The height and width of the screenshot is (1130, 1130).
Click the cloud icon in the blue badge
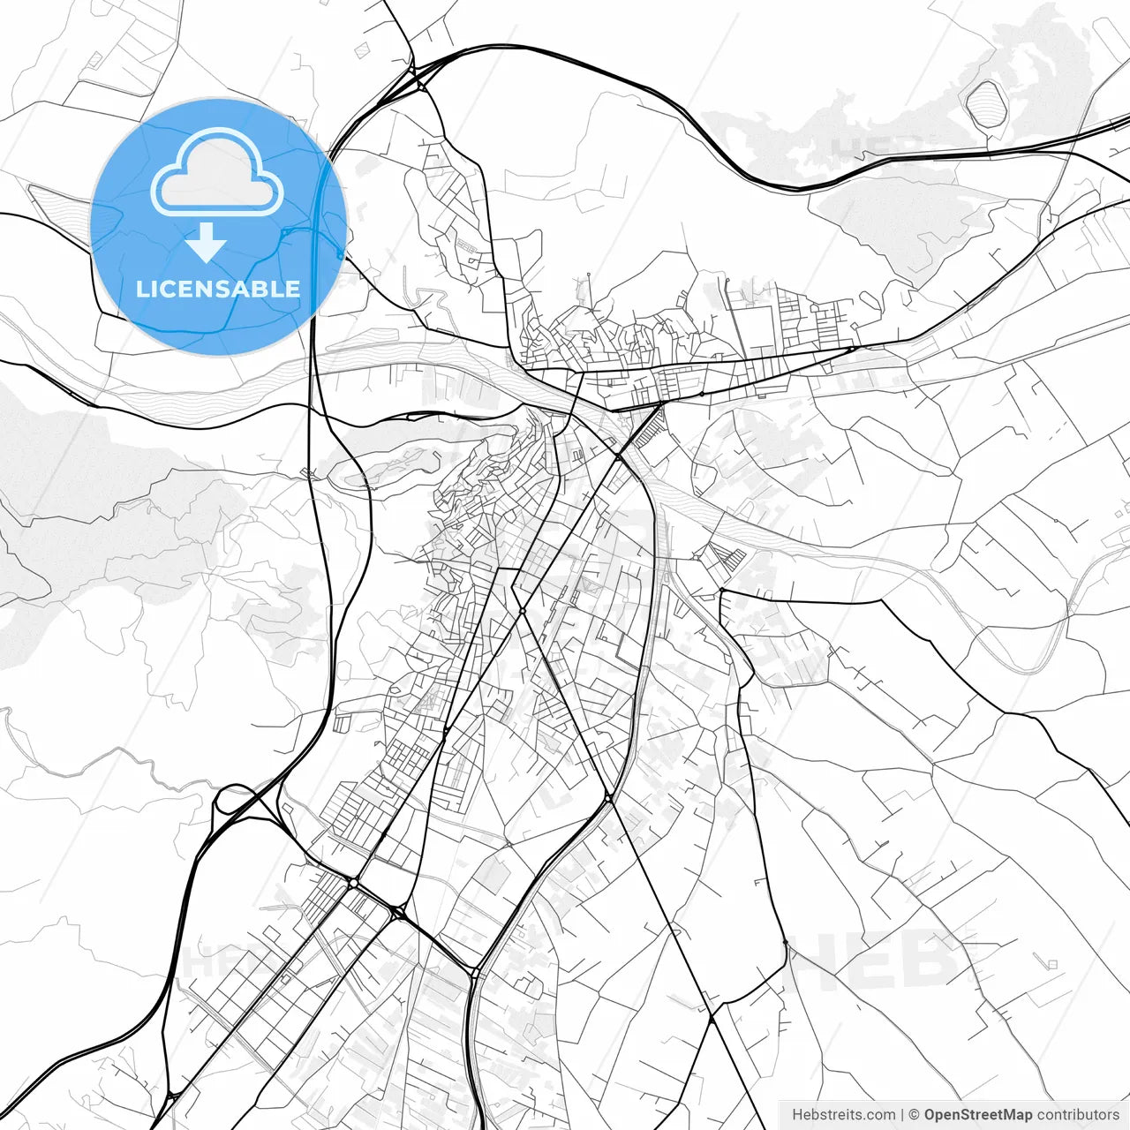[217, 173]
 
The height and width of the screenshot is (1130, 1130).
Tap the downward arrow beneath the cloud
[207, 242]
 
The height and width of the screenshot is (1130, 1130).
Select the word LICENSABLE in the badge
[217, 289]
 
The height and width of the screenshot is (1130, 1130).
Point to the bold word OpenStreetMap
[977, 1115]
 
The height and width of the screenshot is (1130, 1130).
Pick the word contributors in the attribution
[1077, 1115]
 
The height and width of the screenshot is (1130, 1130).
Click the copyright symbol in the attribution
[915, 1115]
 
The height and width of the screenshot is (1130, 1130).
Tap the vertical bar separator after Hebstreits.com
[902, 1115]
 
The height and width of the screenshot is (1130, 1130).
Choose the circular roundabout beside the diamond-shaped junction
[353, 883]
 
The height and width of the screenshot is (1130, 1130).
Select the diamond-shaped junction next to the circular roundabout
[398, 912]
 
